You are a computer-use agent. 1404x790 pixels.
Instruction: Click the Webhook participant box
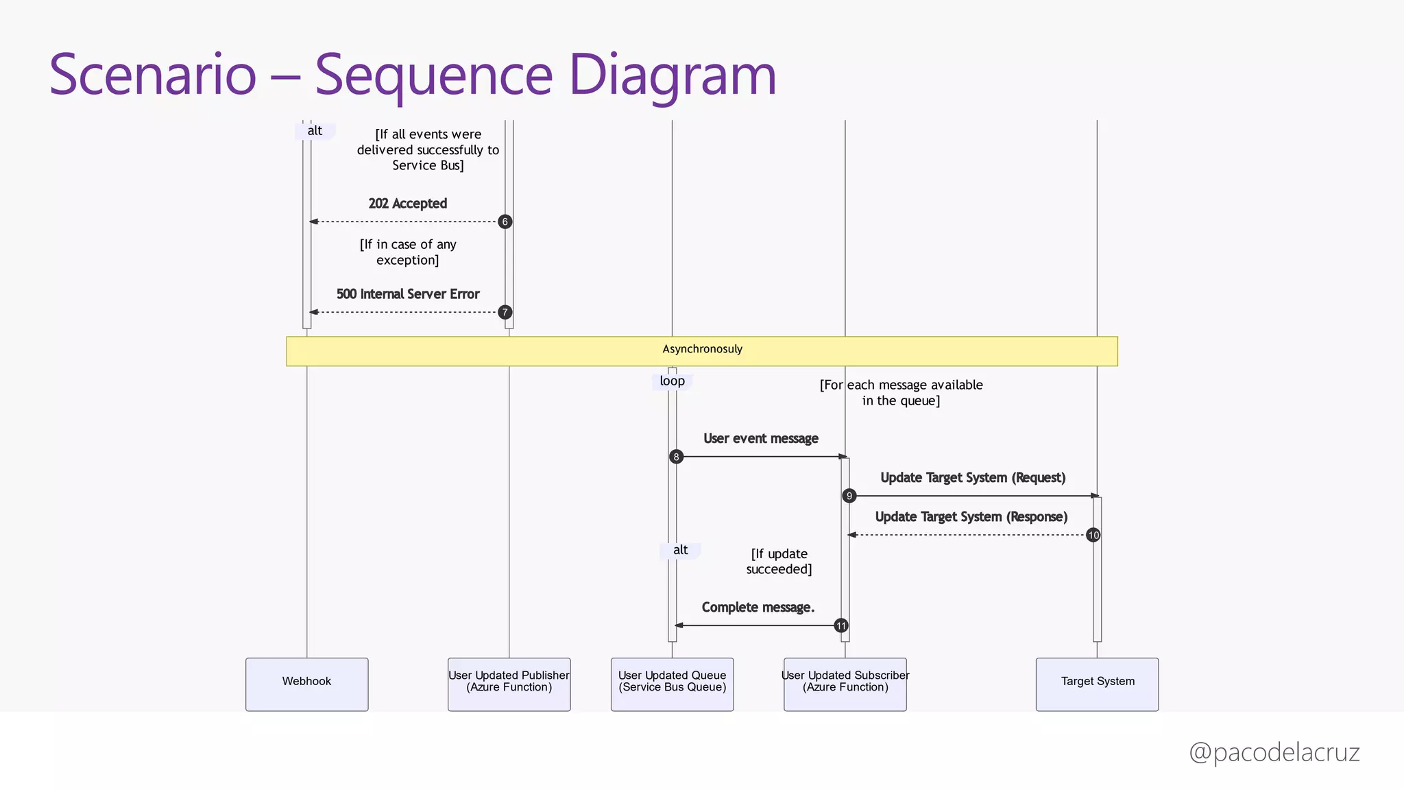tap(306, 684)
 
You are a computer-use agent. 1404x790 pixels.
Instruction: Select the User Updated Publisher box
tap(509, 684)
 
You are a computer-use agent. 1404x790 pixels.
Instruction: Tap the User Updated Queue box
tap(672, 684)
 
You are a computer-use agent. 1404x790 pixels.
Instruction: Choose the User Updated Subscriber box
tap(845, 684)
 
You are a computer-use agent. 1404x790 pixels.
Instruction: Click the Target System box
tap(1097, 684)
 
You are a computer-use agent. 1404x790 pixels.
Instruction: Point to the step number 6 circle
tap(505, 222)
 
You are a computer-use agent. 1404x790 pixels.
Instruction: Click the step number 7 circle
tap(505, 312)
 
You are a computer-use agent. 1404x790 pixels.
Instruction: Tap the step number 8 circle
tap(676, 457)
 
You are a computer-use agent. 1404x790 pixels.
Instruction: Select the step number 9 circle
tap(849, 496)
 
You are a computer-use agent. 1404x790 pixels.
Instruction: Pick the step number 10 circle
tap(1093, 535)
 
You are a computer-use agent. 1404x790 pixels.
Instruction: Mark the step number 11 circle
tap(840, 625)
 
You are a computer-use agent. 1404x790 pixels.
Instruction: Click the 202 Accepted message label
tap(407, 204)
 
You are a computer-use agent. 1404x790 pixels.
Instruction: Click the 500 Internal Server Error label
tap(407, 294)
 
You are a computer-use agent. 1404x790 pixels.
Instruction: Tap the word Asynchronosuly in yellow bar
tap(702, 349)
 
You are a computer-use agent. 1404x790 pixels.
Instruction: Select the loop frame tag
tap(672, 381)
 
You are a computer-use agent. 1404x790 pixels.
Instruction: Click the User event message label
tap(760, 439)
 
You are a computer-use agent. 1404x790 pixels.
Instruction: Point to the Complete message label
tap(758, 608)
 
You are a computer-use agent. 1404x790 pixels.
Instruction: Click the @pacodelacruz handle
tap(1274, 752)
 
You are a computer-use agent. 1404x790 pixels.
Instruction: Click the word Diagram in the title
tap(672, 75)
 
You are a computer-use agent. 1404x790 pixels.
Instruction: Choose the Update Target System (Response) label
tap(971, 517)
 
